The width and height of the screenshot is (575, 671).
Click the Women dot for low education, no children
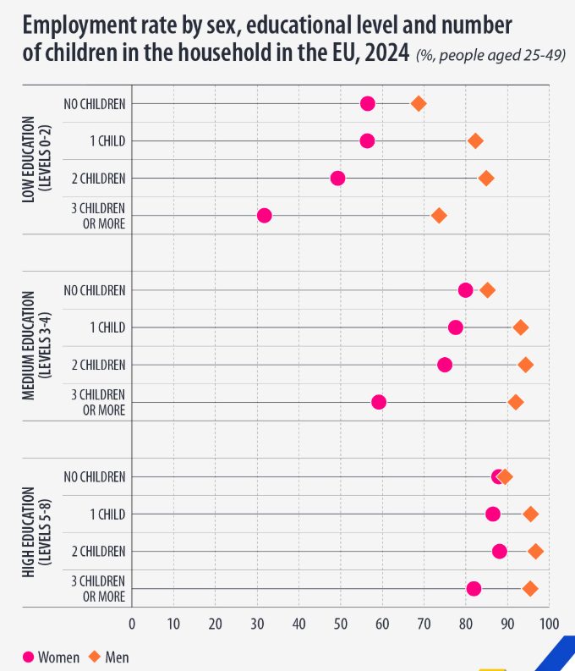pyautogui.click(x=367, y=103)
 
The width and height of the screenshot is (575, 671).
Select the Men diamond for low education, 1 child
pyautogui.click(x=475, y=140)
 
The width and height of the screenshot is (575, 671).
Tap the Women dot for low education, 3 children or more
pyautogui.click(x=264, y=216)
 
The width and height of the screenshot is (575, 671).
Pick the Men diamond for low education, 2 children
pyautogui.click(x=486, y=178)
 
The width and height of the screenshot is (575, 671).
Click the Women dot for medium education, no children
pyautogui.click(x=465, y=290)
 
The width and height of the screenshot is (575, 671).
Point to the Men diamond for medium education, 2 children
pyautogui.click(x=525, y=365)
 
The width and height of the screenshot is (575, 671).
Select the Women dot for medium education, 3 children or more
pyautogui.click(x=379, y=402)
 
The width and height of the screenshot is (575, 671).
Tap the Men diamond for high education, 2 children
pyautogui.click(x=535, y=552)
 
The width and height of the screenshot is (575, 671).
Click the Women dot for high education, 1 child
pyautogui.click(x=493, y=514)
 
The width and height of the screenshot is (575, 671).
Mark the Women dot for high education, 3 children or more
pyautogui.click(x=474, y=589)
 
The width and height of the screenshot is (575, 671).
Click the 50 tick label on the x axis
pyautogui.click(x=341, y=624)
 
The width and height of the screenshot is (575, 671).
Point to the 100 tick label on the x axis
pyautogui.click(x=549, y=624)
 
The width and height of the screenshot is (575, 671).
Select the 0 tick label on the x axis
pyautogui.click(x=132, y=624)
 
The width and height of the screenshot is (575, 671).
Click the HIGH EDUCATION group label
pyautogui.click(x=29, y=532)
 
